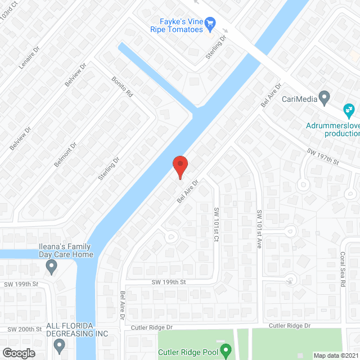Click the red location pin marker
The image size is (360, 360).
click(x=179, y=166)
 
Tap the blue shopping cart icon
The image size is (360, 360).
click(x=210, y=23)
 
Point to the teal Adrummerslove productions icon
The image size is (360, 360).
click(x=349, y=109)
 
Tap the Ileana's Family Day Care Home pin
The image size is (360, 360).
click(x=52, y=266)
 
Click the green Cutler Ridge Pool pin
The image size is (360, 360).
click(x=226, y=352)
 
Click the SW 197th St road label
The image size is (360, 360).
click(x=323, y=157)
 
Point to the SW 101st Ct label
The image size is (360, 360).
click(x=216, y=224)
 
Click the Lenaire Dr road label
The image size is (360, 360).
click(x=29, y=57)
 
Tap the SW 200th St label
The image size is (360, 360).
click(x=25, y=329)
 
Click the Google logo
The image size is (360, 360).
click(x=19, y=353)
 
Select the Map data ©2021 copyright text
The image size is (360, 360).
click(x=335, y=355)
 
